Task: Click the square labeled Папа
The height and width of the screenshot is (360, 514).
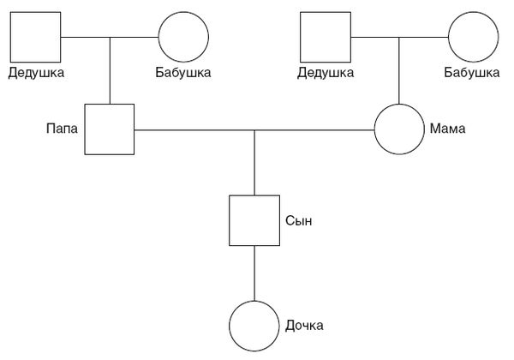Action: click(x=110, y=129)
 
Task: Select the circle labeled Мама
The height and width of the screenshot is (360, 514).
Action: click(x=399, y=129)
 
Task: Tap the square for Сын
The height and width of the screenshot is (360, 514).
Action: click(x=254, y=221)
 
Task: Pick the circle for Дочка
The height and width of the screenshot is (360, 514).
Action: click(x=254, y=327)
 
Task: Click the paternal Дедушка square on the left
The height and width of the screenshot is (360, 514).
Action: click(x=36, y=38)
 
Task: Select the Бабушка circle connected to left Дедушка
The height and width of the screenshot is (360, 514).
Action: click(x=183, y=38)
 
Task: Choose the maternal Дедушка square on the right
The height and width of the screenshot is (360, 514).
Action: click(x=326, y=38)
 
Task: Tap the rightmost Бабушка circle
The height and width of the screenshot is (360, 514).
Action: click(x=473, y=38)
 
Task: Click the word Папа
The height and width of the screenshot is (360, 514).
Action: click(x=62, y=129)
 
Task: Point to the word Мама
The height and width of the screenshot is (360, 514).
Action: click(x=447, y=129)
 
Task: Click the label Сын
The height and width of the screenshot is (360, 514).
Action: click(x=297, y=221)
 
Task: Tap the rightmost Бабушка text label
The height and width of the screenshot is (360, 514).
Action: click(x=472, y=73)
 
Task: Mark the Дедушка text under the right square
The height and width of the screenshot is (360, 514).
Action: click(x=326, y=73)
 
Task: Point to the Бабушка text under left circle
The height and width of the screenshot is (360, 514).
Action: click(x=183, y=73)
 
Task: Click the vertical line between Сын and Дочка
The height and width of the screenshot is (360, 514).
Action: click(x=254, y=273)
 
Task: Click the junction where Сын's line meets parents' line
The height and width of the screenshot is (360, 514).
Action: click(x=254, y=130)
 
